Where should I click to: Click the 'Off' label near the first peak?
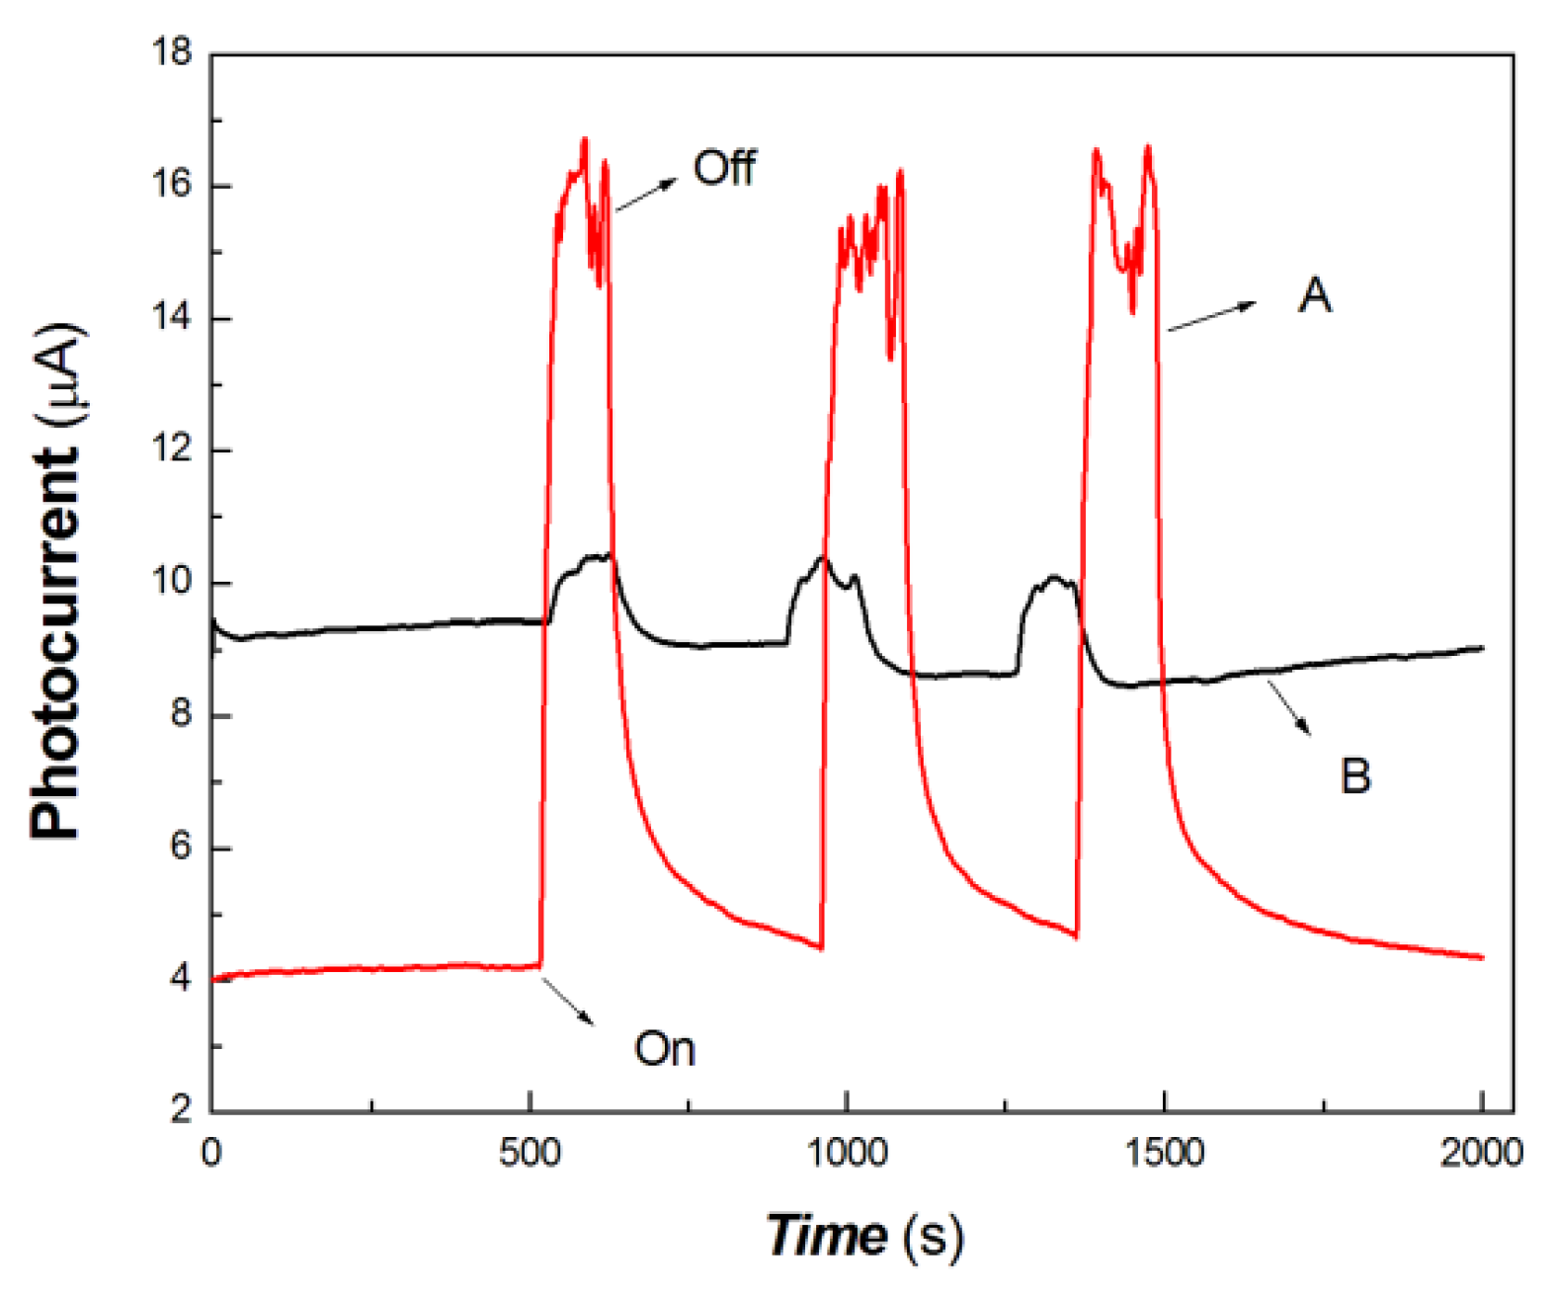click(724, 168)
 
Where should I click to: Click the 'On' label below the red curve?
click(664, 1048)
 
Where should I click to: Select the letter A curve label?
click(1314, 295)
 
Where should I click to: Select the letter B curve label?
click(1355, 775)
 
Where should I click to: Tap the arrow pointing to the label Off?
click(646, 195)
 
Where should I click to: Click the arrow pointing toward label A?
click(1211, 316)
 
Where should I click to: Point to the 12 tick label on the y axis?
click(172, 449)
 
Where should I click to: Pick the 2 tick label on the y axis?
click(180, 1110)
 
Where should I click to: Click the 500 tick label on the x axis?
click(530, 1153)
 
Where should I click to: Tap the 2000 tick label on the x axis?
click(1480, 1153)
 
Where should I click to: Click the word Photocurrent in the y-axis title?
click(54, 642)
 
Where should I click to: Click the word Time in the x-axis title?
click(826, 1236)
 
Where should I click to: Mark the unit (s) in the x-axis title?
click(931, 1236)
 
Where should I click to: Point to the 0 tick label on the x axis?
click(211, 1153)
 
